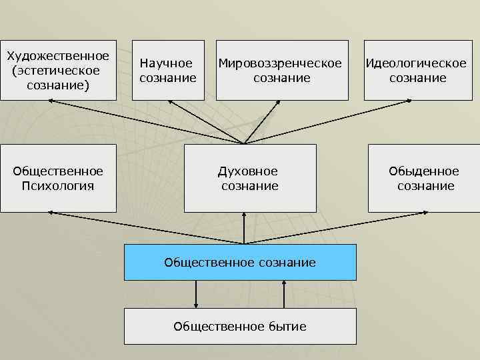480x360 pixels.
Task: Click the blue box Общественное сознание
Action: [x=240, y=262]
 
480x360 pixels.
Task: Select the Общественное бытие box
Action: [x=240, y=326]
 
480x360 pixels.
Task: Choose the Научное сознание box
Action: [x=168, y=70]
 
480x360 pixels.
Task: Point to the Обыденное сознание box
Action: [x=424, y=178]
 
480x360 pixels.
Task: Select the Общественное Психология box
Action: [x=58, y=178]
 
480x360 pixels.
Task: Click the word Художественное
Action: [x=57, y=55]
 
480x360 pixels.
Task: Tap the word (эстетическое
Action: [x=56, y=70]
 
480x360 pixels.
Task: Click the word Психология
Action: [x=58, y=186]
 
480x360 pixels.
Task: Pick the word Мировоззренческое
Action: [x=280, y=63]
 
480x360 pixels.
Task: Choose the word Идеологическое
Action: [x=415, y=63]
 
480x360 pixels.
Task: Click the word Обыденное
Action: [x=424, y=171]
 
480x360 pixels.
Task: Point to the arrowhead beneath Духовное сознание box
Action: [x=245, y=215]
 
